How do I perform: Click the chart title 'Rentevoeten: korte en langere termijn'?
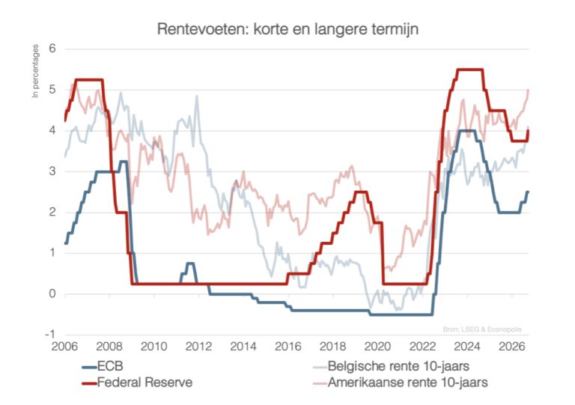pyautogui.click(x=287, y=29)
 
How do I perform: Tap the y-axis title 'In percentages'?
pyautogui.click(x=36, y=70)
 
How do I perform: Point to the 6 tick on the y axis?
pyautogui.click(x=52, y=49)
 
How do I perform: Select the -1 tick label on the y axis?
pyautogui.click(x=50, y=334)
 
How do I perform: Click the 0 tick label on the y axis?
pyautogui.click(x=52, y=293)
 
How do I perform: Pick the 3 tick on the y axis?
pyautogui.click(x=52, y=171)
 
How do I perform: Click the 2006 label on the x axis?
pyautogui.click(x=64, y=347)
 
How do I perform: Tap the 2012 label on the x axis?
pyautogui.click(x=198, y=347)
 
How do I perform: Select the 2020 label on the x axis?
pyautogui.click(x=377, y=347)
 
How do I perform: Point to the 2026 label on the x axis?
pyautogui.click(x=512, y=347)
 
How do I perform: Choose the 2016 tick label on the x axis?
pyautogui.click(x=287, y=347)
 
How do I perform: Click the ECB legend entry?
pyautogui.click(x=103, y=366)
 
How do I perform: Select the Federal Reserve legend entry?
pyautogui.click(x=137, y=383)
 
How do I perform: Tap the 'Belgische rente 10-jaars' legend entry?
pyautogui.click(x=391, y=366)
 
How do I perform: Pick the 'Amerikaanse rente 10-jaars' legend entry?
pyautogui.click(x=400, y=383)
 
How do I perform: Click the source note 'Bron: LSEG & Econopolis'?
pyautogui.click(x=482, y=329)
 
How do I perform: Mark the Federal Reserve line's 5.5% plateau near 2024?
pyautogui.click(x=469, y=70)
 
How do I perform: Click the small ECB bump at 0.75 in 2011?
pyautogui.click(x=189, y=264)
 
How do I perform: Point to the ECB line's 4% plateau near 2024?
pyautogui.click(x=467, y=130)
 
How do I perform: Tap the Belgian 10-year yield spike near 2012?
pyautogui.click(x=197, y=97)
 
